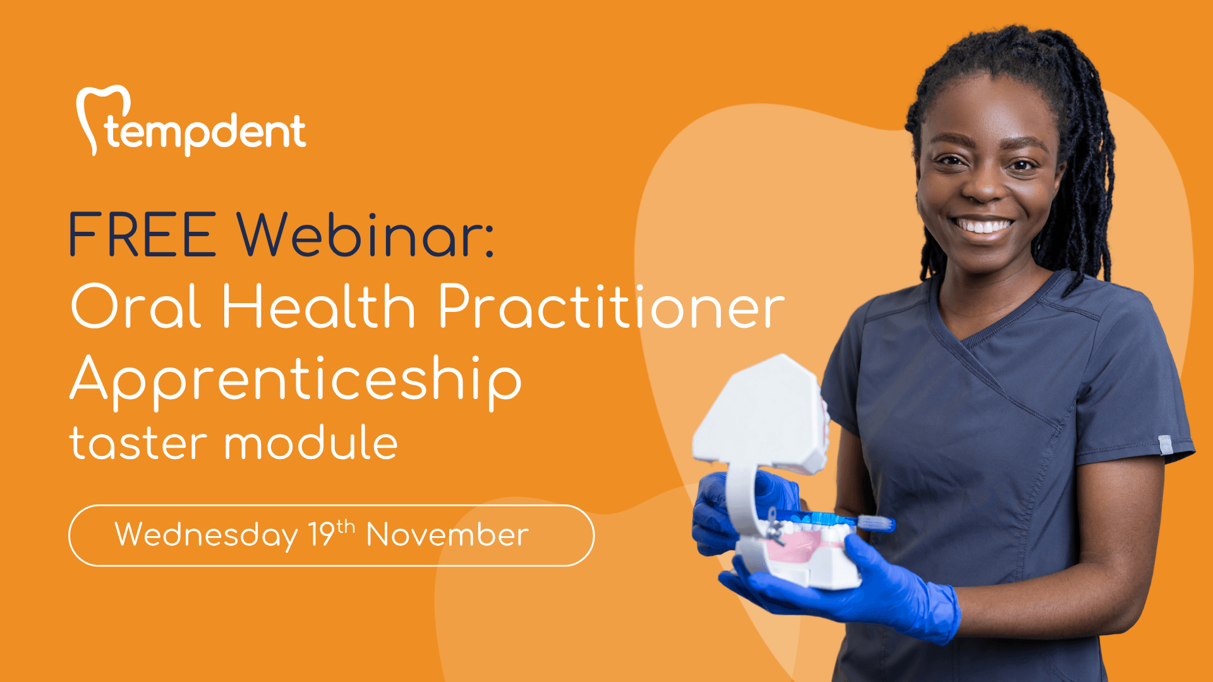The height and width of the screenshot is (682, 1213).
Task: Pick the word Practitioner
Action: point(611,306)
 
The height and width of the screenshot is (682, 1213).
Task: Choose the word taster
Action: point(138,443)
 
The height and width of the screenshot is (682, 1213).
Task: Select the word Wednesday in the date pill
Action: point(206,536)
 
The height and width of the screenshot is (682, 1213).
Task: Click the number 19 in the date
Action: point(321,534)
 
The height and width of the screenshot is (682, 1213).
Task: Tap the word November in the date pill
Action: point(447,535)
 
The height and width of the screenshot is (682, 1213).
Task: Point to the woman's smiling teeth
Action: point(982,225)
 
